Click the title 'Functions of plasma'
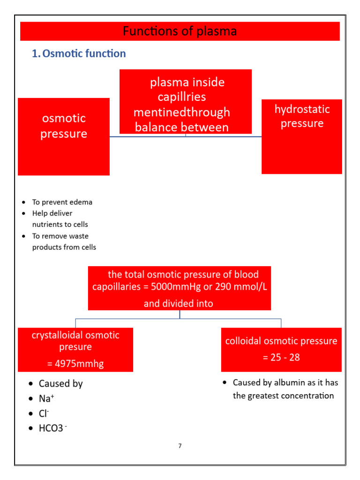pyautogui.click(x=180, y=31)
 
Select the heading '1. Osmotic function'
pyautogui.click(x=79, y=53)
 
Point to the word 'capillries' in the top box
pyautogui.click(x=182, y=97)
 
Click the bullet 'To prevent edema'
pyautogui.click(x=62, y=202)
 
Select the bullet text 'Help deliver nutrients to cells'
pyautogui.click(x=60, y=219)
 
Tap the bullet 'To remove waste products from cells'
pyautogui.click(x=64, y=241)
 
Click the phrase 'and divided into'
pyautogui.click(x=178, y=303)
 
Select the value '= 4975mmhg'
pyautogui.click(x=75, y=363)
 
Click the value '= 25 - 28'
pyautogui.click(x=281, y=357)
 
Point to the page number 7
pyautogui.click(x=180, y=446)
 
